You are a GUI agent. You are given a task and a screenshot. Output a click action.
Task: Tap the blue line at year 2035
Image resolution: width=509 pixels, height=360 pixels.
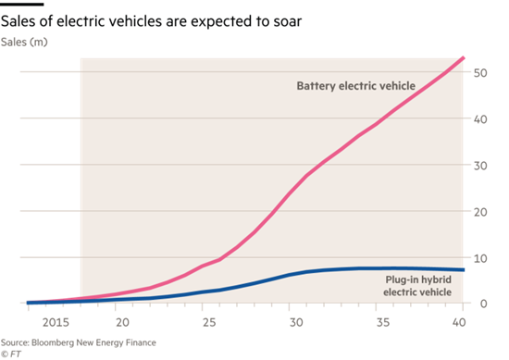(x=374, y=268)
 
